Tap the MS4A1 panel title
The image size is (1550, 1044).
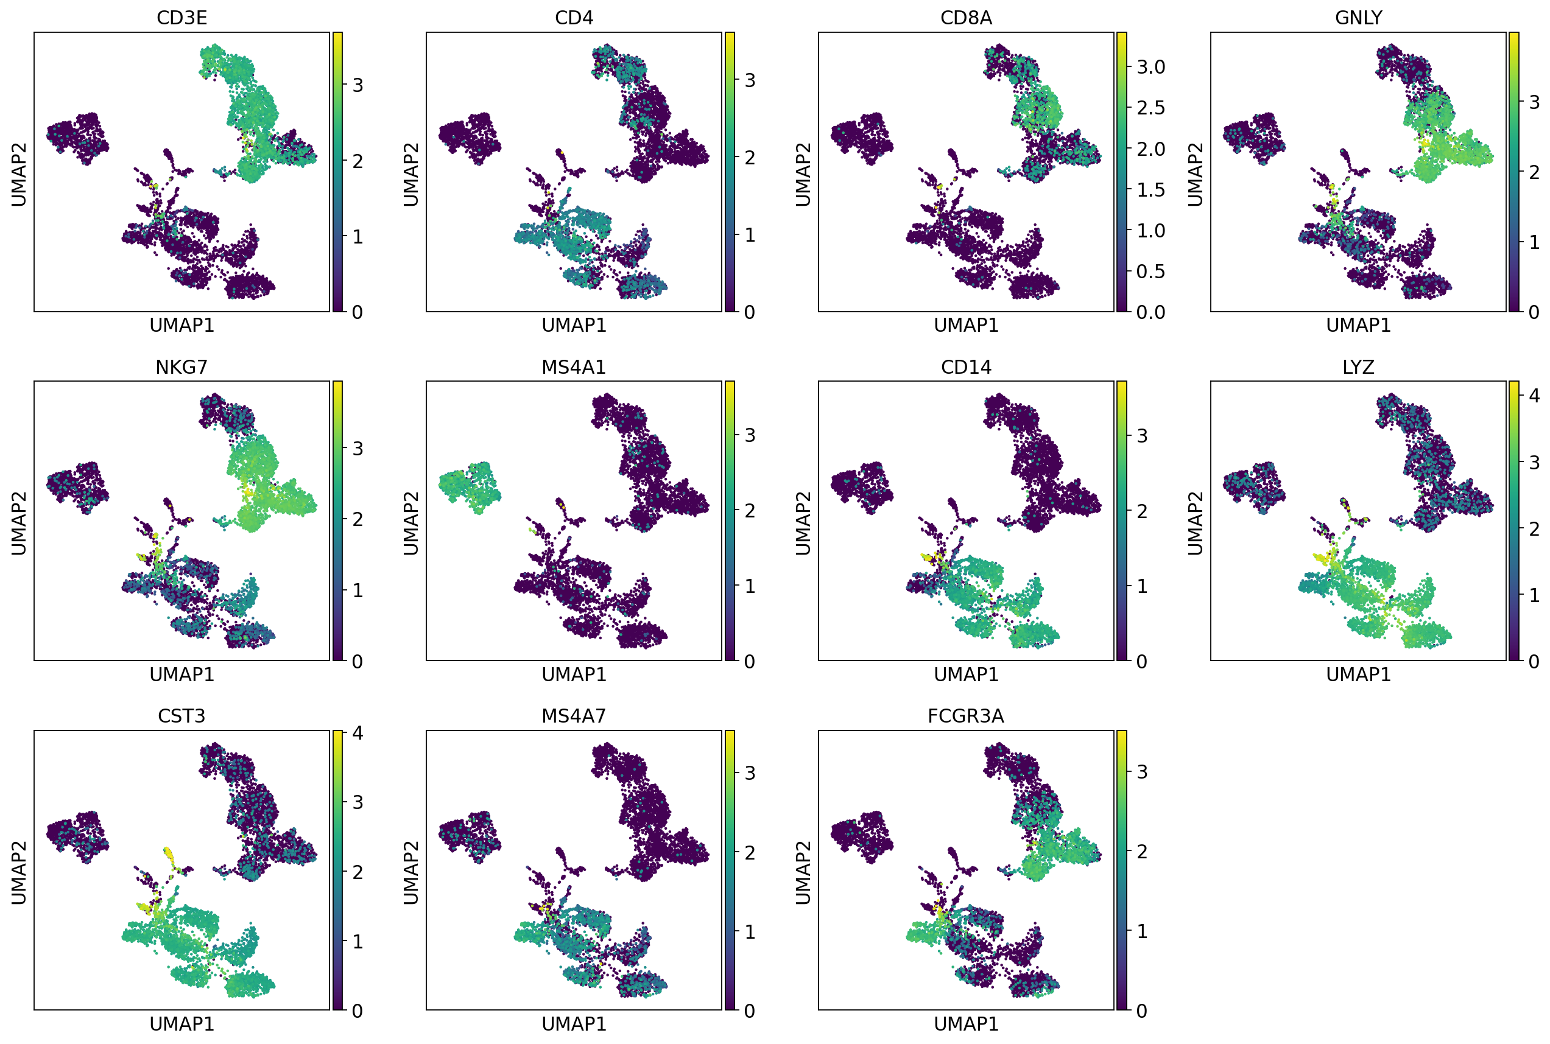click(x=574, y=367)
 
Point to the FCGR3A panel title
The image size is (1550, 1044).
click(x=966, y=716)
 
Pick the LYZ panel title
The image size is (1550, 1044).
click(x=1358, y=367)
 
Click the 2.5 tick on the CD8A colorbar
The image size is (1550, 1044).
click(x=1151, y=107)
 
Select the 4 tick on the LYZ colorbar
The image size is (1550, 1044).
click(x=1535, y=396)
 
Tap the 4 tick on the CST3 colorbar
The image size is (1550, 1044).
click(x=358, y=733)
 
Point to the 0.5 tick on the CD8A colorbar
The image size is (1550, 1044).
click(x=1151, y=271)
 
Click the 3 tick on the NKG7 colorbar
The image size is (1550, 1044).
click(x=358, y=448)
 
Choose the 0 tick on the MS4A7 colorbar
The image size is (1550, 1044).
click(x=749, y=1011)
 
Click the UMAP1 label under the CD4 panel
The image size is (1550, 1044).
click(x=574, y=325)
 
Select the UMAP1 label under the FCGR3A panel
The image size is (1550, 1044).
click(x=966, y=1023)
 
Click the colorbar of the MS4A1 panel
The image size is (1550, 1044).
click(x=730, y=520)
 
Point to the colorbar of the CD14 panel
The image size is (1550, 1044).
click(x=1122, y=520)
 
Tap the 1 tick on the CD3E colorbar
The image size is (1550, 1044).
click(x=358, y=236)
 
